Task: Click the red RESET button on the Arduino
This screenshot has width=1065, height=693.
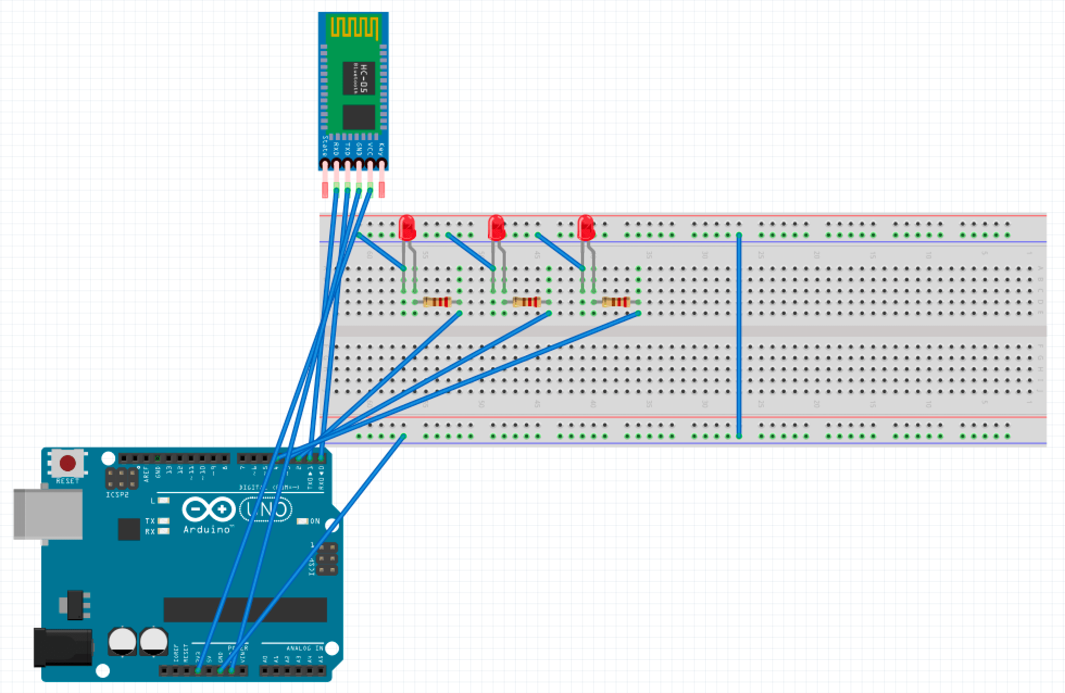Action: point(67,463)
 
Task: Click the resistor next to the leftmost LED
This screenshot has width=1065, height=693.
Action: point(437,303)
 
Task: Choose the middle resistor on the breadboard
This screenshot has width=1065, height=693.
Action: point(527,303)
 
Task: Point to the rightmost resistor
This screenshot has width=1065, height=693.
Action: point(616,303)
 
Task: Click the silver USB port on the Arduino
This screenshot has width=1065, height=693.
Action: point(48,514)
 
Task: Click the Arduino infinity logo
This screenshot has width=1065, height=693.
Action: point(209,509)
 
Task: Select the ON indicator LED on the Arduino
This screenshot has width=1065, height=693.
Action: point(302,521)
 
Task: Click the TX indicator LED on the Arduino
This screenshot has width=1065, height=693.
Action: point(162,521)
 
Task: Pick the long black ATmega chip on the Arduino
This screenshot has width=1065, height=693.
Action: point(245,610)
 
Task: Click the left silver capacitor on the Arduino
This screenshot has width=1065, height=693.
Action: point(123,641)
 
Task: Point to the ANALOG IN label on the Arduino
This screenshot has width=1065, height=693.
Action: point(304,648)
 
